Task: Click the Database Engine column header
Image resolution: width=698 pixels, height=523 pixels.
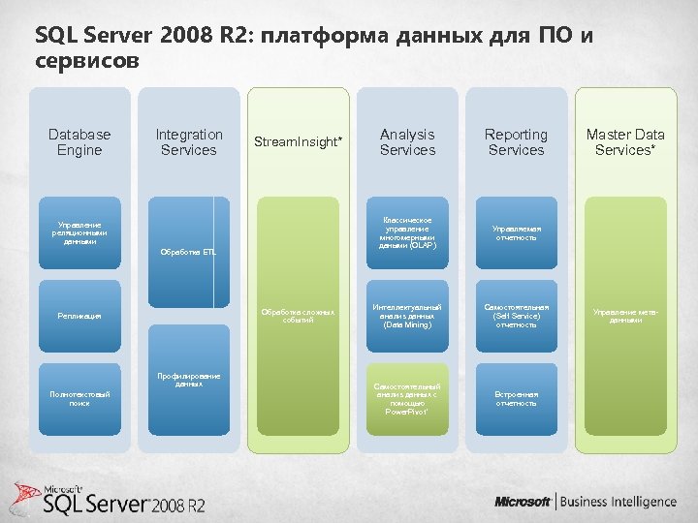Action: pos(79,142)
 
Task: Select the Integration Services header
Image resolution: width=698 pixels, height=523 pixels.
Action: pos(189,142)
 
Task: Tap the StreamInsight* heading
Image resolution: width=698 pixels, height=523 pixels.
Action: pos(298,142)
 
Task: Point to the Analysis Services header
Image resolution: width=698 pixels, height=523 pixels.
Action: pos(407,142)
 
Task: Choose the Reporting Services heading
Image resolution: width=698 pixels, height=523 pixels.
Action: pos(516,142)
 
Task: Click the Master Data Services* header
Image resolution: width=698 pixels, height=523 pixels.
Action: pos(625,142)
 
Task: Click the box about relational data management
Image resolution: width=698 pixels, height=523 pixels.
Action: pos(79,233)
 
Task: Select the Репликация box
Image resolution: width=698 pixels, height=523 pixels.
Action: pos(79,316)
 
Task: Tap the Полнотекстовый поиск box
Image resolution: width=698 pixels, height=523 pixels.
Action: pos(79,398)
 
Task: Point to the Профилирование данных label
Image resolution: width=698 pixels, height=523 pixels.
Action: pos(189,380)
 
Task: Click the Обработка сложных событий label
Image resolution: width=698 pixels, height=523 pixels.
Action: pos(298,316)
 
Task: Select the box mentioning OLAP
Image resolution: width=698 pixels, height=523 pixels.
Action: pos(407,233)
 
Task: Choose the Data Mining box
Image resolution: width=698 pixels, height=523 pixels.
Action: pos(407,316)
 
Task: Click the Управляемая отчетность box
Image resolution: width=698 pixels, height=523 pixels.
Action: pos(516,233)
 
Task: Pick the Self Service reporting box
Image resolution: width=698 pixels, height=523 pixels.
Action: pos(516,316)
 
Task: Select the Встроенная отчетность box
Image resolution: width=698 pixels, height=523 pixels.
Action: pos(516,398)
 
